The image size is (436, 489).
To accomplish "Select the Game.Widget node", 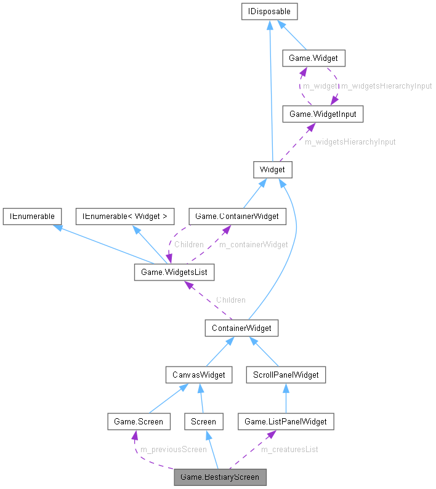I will point(313,58).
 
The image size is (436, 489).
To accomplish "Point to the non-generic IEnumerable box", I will point(31,216).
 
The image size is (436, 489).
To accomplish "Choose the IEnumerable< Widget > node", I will point(125,216).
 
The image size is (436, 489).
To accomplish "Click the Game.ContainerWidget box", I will point(237,216).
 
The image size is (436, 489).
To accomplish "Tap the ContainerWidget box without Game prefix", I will point(241,328).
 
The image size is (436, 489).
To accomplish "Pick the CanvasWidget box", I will point(199,374).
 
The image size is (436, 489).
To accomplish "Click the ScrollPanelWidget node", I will point(285,374).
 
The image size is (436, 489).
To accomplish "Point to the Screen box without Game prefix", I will point(203,421).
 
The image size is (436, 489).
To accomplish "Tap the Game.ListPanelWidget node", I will point(286,421).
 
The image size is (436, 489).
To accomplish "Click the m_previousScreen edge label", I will point(174,450).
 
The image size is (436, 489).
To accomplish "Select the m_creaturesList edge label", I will point(289,450).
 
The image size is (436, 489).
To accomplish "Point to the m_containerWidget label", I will point(254,244).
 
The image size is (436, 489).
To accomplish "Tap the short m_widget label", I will point(320,86).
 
